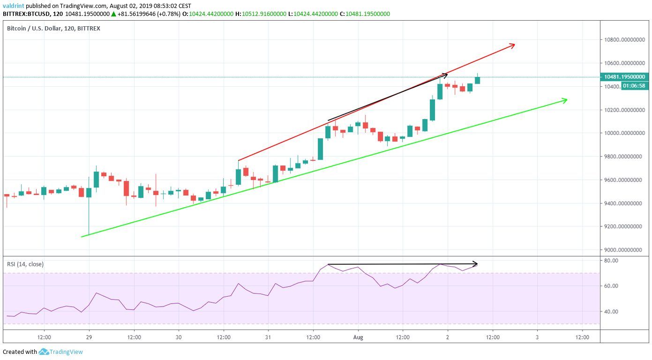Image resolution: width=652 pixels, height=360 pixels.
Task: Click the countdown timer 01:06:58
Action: (635, 86)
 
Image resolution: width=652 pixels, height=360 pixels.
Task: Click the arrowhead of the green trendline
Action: (565, 99)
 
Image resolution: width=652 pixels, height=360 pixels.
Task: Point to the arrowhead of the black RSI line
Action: (475, 263)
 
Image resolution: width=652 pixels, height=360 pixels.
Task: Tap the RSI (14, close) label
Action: (25, 264)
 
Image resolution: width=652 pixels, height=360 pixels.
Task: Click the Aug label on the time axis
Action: (358, 337)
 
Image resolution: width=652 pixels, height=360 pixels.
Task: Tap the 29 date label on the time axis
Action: (89, 337)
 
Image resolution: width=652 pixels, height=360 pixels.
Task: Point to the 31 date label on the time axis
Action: (268, 337)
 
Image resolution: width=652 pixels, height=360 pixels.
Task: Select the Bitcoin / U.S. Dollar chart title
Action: (53, 29)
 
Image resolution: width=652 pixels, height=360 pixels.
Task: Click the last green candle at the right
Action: (477, 80)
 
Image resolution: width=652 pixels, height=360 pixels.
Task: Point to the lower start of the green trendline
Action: (82, 236)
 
